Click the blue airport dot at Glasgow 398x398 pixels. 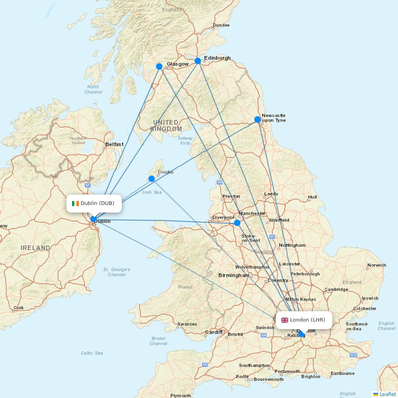coord(159,66)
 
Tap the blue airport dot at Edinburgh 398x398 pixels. coord(198,61)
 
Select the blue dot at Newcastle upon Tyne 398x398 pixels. coord(258,119)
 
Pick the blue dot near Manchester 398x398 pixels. coord(237,223)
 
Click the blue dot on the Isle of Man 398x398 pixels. coord(152,179)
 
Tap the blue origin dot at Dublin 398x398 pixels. coord(93,219)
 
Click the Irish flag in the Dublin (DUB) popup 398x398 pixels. coord(75,203)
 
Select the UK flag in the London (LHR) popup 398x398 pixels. coord(285,320)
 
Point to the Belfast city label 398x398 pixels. coord(114,144)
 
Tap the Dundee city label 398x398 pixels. coord(221,25)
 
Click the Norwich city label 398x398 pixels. coord(377,265)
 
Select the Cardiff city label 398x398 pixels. coord(214,332)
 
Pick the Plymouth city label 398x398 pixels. coord(180,396)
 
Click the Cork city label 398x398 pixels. coord(19,308)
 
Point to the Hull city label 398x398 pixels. coord(312,197)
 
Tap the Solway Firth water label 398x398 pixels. coord(185,140)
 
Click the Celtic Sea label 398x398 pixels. coord(92,353)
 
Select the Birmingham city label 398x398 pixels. coord(234,275)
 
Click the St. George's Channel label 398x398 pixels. coord(117,272)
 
